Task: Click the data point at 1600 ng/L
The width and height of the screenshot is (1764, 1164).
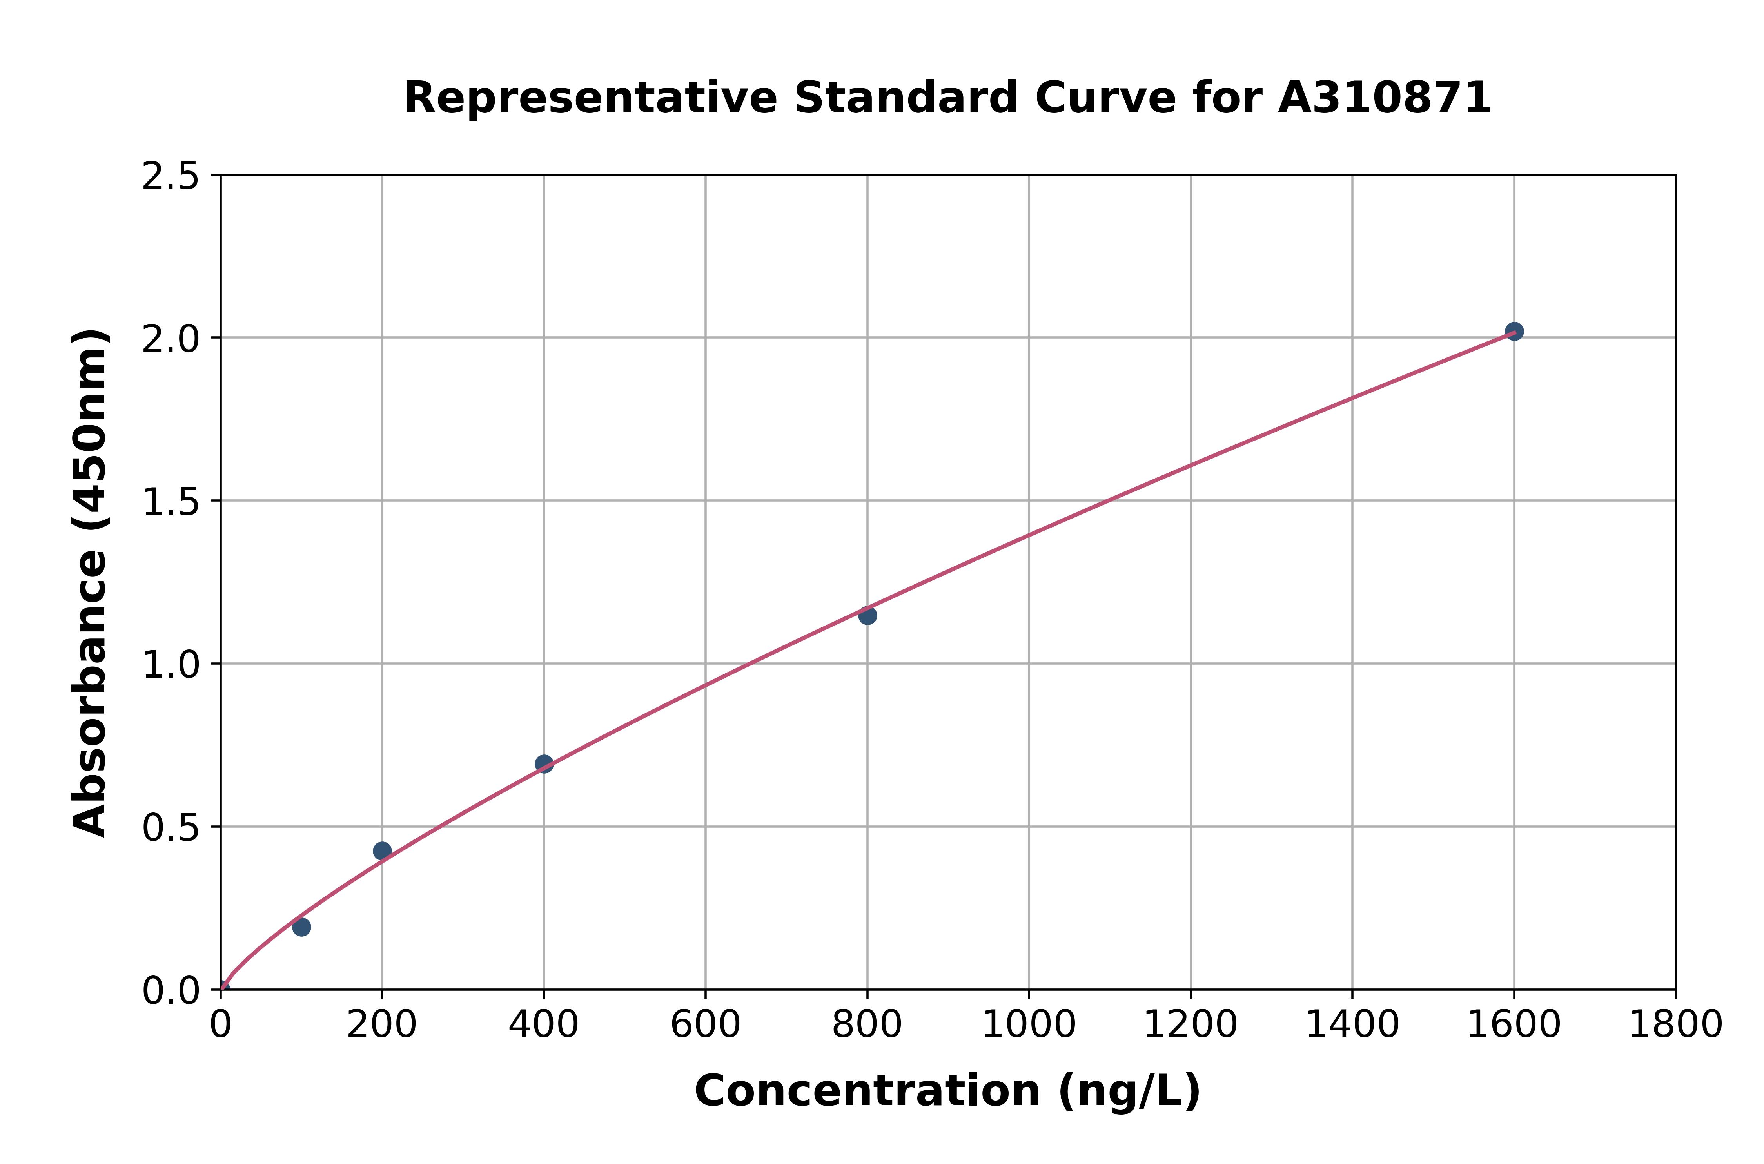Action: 1514,331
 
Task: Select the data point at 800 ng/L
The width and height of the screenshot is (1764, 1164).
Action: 867,615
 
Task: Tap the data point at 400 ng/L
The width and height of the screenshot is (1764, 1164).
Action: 544,764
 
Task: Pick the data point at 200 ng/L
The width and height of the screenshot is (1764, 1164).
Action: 382,851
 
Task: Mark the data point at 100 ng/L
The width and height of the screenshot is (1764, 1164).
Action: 301,927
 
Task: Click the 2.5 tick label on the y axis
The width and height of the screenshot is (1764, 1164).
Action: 171,177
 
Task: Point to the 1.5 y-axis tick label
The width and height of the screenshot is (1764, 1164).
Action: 171,502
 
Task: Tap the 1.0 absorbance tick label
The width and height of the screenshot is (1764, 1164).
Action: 171,665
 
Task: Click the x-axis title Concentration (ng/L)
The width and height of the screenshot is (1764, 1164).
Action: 947,1091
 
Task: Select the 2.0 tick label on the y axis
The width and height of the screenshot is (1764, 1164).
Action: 171,339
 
